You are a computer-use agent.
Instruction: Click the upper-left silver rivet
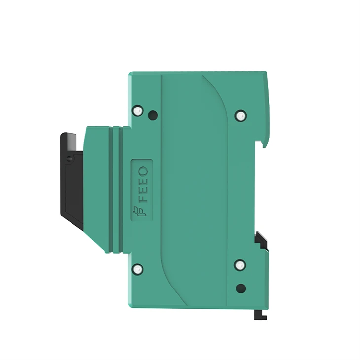(x=137, y=110)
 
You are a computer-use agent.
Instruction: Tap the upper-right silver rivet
(x=240, y=115)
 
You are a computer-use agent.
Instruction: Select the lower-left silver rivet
(x=137, y=268)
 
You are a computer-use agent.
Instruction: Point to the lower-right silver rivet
(x=240, y=265)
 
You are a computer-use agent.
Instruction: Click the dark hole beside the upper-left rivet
(x=153, y=114)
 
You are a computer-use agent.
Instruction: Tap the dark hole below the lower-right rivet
(x=241, y=288)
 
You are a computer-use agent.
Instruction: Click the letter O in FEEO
(x=144, y=171)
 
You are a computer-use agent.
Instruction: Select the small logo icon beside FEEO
(x=140, y=211)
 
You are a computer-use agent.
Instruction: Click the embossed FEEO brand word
(x=144, y=184)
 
